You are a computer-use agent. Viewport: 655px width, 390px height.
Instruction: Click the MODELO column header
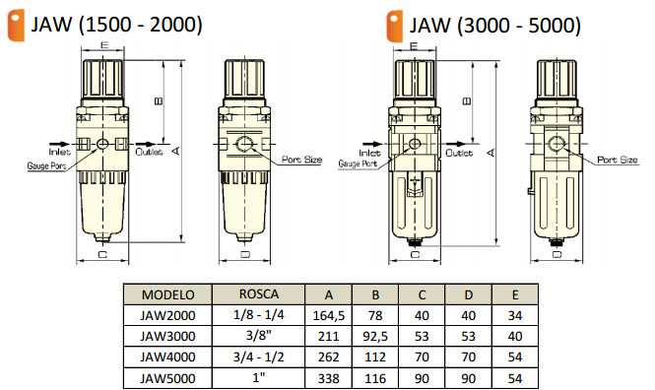click(167, 294)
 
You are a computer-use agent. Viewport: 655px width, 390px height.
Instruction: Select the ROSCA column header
click(259, 293)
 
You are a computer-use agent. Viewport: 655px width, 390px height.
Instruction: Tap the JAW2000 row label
click(167, 315)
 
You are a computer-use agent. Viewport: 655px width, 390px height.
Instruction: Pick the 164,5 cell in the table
click(329, 316)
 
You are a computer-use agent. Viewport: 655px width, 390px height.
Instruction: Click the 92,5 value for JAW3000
click(375, 336)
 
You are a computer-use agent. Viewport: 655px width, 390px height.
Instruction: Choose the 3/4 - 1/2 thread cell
click(259, 357)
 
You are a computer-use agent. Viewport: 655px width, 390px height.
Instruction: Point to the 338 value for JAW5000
click(329, 378)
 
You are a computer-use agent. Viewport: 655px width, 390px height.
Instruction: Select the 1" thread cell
click(259, 376)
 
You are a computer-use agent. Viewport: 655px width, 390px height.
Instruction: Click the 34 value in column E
click(514, 315)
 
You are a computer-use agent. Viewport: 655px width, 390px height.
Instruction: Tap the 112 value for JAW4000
click(375, 357)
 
